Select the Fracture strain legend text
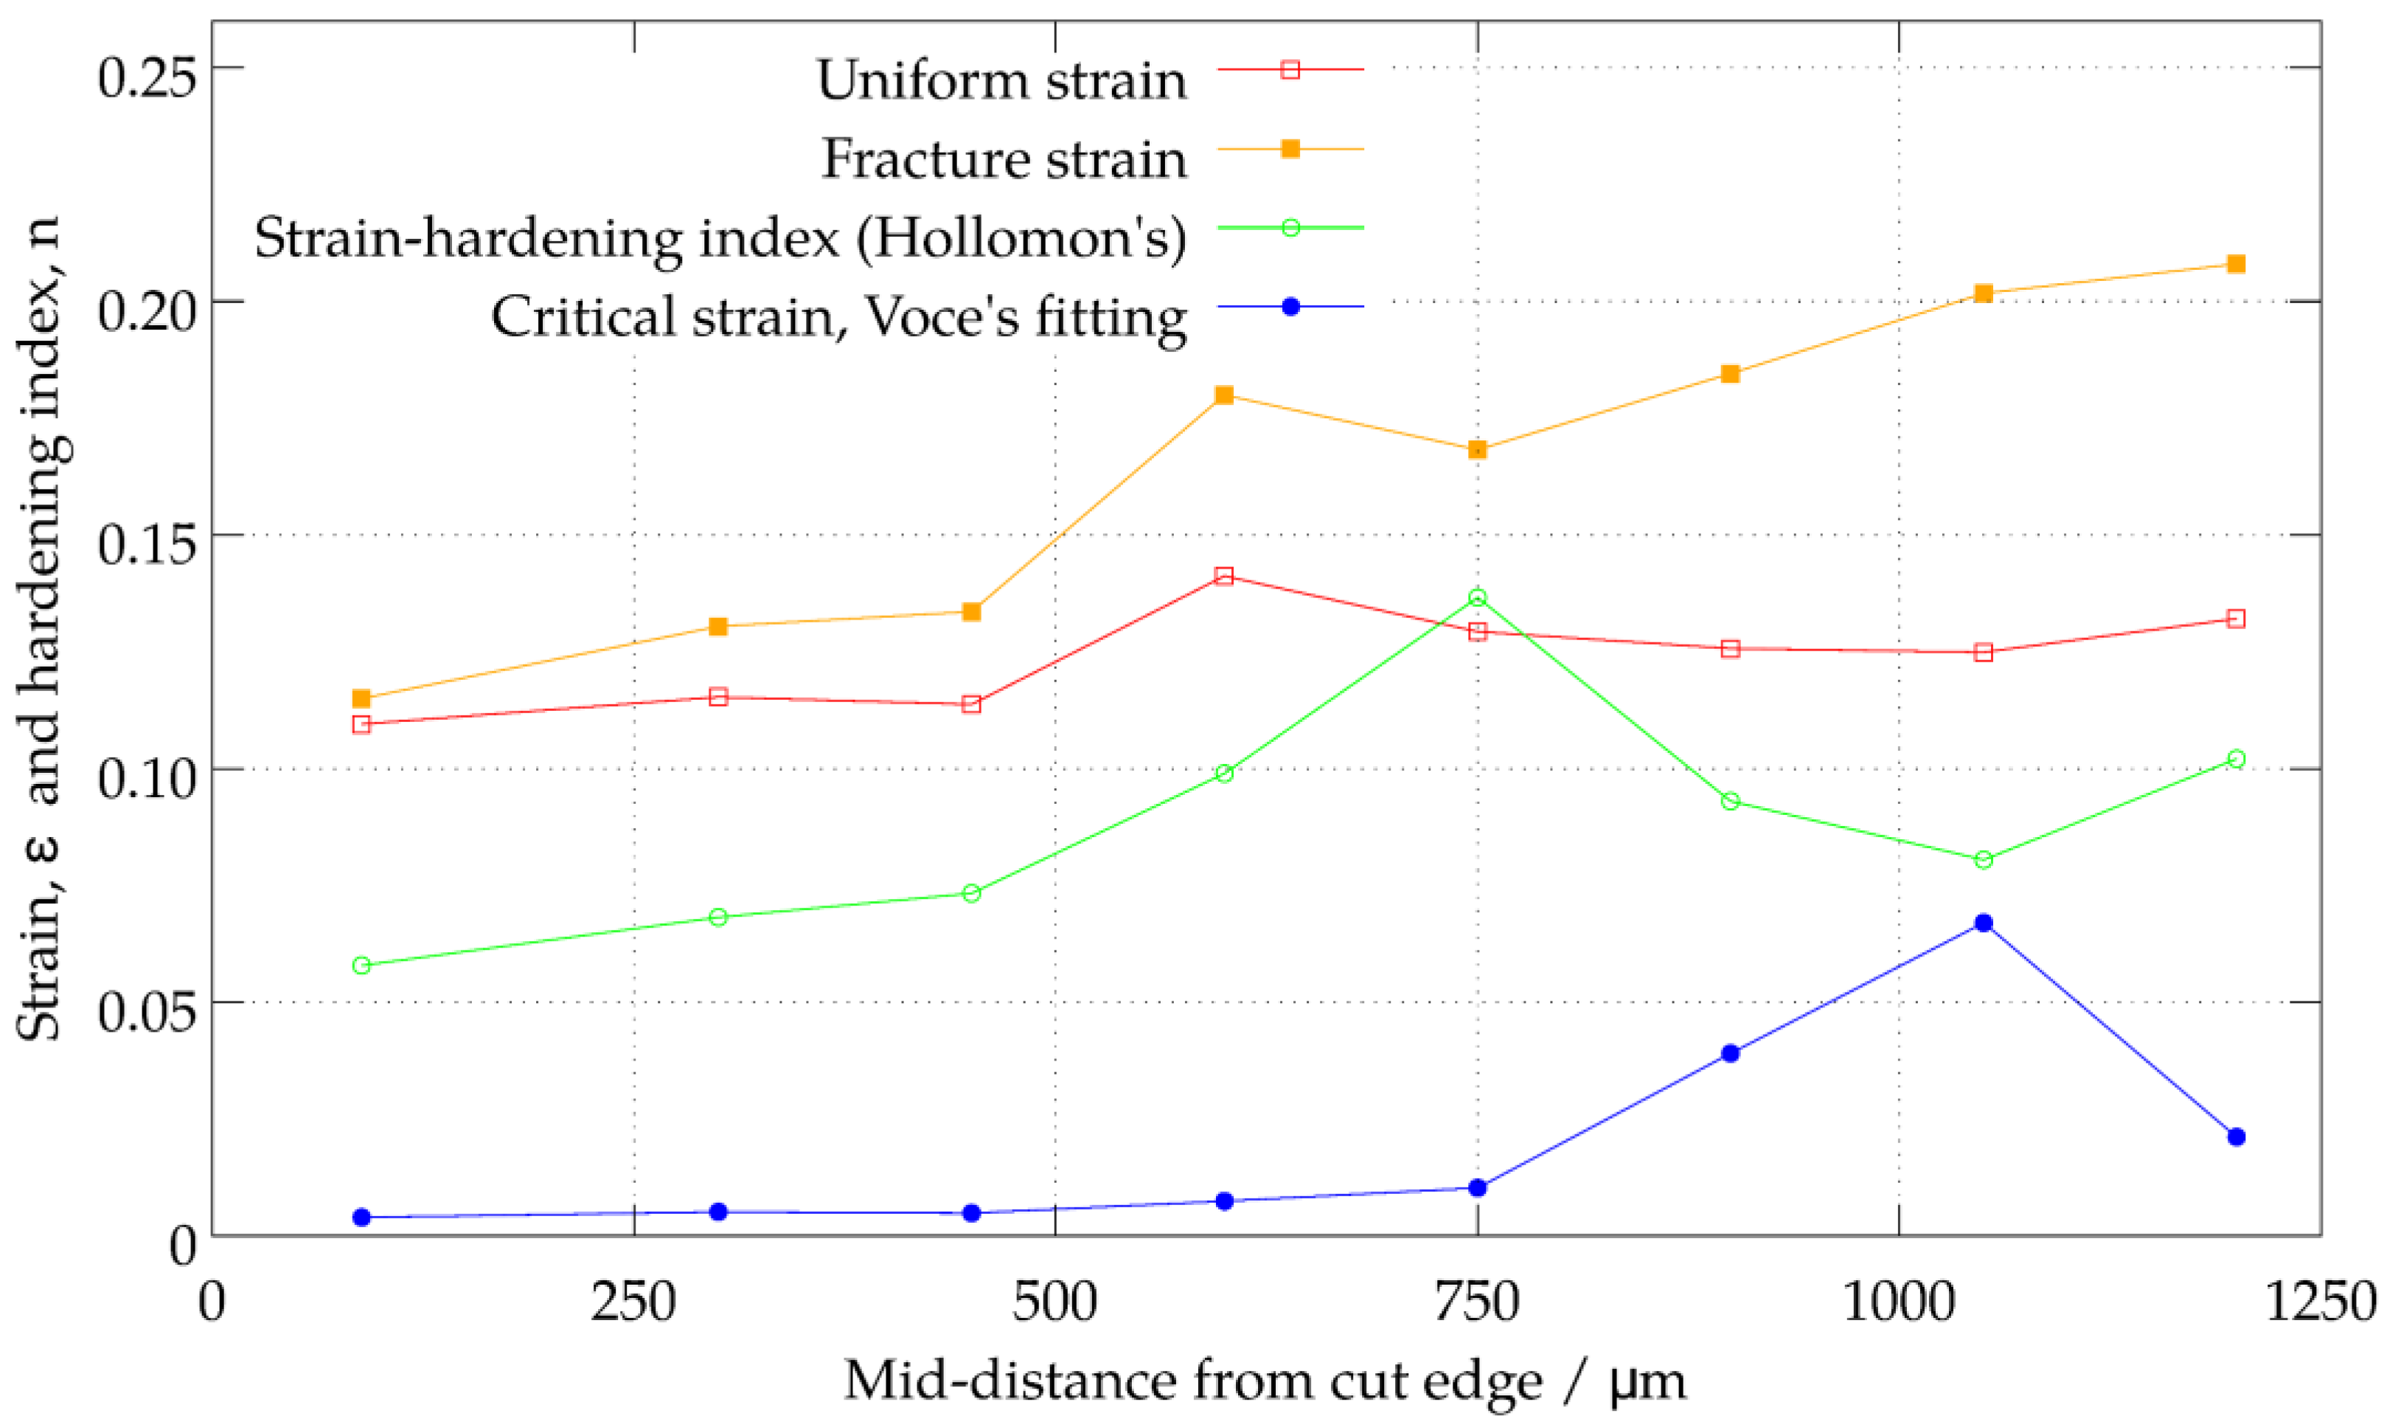pos(1004,159)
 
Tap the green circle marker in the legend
pos(1291,228)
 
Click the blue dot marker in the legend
pos(1291,307)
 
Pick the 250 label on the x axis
pos(633,1302)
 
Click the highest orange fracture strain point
pos(2236,263)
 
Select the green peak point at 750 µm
pos(1478,598)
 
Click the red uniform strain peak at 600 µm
pos(1224,576)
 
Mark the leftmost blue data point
pos(361,1218)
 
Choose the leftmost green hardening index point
pos(361,965)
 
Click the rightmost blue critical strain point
pos(2236,1136)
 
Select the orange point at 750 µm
pos(1478,450)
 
